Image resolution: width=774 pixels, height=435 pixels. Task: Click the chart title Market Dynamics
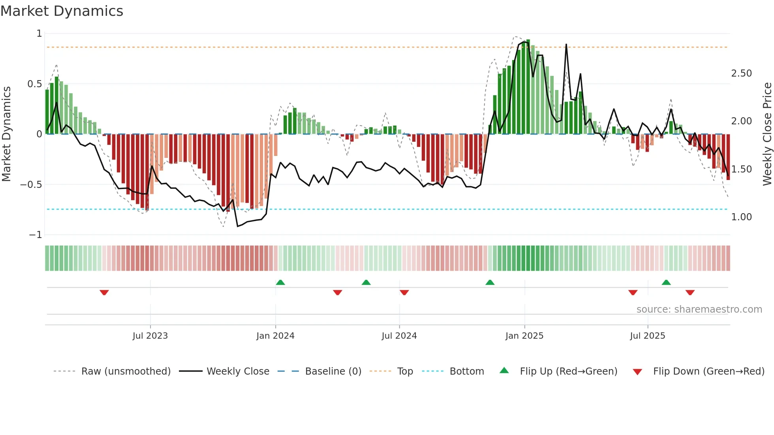[x=62, y=11]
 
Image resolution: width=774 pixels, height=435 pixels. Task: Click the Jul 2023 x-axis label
[x=150, y=336]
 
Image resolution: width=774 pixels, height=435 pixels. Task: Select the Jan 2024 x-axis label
[x=275, y=336]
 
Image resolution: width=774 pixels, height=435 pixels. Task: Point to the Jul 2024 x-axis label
[x=399, y=336]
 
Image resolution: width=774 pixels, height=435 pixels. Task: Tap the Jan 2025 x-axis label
[x=524, y=336]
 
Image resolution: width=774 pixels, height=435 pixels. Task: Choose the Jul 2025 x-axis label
[x=647, y=336]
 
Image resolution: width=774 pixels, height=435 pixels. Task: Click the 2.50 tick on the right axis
[x=741, y=73]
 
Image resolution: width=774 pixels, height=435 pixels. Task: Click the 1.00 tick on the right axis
[x=741, y=217]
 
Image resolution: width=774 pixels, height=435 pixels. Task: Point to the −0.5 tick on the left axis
[x=31, y=185]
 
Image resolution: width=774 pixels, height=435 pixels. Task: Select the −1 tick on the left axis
[x=35, y=235]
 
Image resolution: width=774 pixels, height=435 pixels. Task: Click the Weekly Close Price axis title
[x=767, y=134]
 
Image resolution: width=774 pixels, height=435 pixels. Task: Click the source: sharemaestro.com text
[x=699, y=309]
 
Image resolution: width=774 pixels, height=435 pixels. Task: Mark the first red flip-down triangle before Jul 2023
[x=104, y=292]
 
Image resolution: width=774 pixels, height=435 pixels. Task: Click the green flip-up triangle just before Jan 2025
[x=490, y=282]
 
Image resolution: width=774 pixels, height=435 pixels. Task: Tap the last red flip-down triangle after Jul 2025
[x=690, y=292]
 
